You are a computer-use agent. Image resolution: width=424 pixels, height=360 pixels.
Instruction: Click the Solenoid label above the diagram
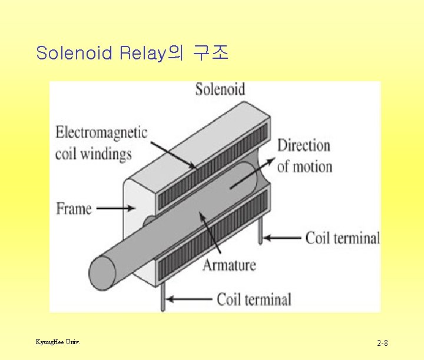pos(220,89)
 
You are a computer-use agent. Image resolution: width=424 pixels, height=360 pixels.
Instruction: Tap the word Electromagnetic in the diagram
pos(101,132)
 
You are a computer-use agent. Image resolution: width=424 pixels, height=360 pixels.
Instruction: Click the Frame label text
pos(74,209)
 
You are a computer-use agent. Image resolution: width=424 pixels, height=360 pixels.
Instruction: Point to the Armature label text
pos(229,265)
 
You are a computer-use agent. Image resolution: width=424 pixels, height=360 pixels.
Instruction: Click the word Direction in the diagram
pos(303,145)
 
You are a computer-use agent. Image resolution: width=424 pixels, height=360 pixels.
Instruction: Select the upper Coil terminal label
pos(342,238)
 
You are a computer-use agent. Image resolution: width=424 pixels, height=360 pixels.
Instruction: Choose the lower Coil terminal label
pos(254,299)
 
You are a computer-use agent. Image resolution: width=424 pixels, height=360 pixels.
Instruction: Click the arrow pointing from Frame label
pos(109,208)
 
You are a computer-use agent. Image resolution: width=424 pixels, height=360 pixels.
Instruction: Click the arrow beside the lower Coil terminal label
pos(188,299)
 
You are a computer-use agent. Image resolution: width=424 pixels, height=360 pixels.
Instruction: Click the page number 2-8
pos(382,343)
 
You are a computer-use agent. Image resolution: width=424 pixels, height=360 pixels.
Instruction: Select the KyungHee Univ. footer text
pos(58,342)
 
